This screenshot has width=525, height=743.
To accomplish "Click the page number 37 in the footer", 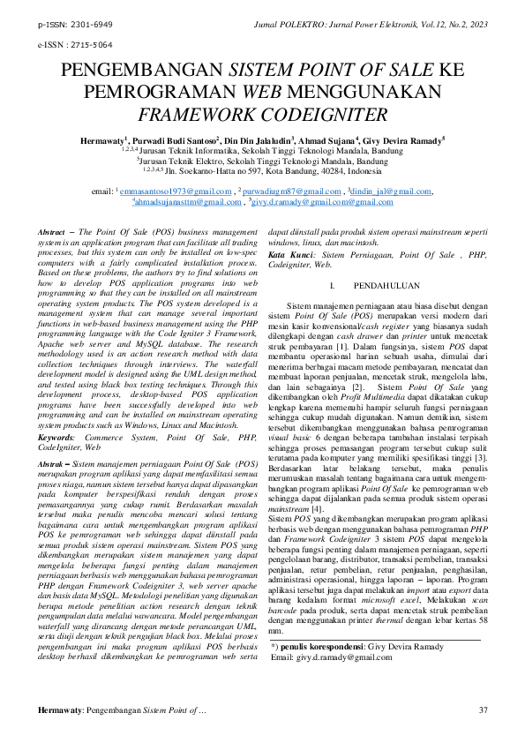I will tap(483, 709).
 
